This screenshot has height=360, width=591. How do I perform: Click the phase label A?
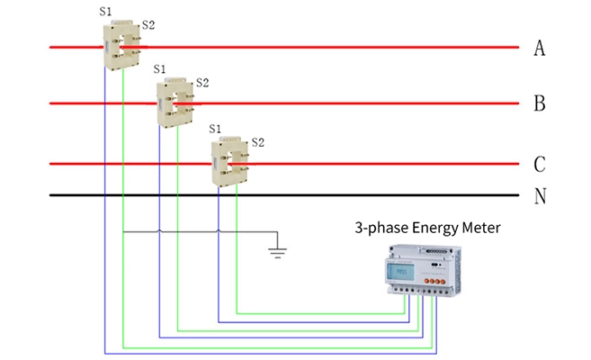pyautogui.click(x=540, y=48)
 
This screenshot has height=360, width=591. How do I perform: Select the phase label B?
pyautogui.click(x=540, y=103)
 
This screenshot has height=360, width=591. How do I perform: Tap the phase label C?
pyautogui.click(x=540, y=165)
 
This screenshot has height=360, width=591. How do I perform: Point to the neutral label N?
pyautogui.click(x=540, y=195)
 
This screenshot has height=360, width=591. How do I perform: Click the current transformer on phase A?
pyautogui.click(x=121, y=46)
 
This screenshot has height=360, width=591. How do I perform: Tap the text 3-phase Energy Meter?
pyautogui.click(x=427, y=229)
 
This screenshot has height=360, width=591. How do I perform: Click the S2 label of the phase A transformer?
pyautogui.click(x=148, y=24)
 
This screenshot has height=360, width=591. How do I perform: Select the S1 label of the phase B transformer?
pyautogui.click(x=160, y=68)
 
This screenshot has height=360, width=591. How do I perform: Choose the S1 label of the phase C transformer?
pyautogui.click(x=214, y=129)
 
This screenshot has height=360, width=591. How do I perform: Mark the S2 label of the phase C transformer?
pyautogui.click(x=257, y=141)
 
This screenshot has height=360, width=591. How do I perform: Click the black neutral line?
pyautogui.click(x=360, y=195)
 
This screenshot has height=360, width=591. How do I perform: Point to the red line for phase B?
pyautogui.click(x=360, y=103)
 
